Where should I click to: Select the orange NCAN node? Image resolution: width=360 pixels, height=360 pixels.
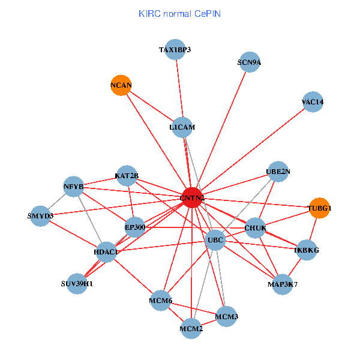121,86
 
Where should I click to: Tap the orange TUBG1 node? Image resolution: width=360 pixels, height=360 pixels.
319,208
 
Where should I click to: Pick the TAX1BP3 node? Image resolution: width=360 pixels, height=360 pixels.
175,50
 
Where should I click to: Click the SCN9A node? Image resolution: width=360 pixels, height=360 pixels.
249,62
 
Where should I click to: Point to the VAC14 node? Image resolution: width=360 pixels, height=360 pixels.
313,102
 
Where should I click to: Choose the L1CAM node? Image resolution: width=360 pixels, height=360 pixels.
182,127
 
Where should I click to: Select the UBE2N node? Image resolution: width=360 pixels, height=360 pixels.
278,172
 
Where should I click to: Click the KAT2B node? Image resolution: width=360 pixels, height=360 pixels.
127,176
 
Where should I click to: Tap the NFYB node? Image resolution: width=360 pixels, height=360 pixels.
73,187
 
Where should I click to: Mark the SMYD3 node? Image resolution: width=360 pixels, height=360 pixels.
40,215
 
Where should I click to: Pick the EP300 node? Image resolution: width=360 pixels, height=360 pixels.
135,227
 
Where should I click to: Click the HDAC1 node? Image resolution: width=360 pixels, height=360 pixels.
106,253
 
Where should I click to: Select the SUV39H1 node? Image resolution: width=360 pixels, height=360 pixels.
77,283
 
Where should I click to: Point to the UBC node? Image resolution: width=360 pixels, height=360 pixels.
215,241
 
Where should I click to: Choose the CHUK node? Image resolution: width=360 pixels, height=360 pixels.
255,227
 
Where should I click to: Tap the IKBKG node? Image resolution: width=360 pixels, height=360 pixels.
307,250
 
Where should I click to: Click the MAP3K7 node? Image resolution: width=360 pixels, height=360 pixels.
282,284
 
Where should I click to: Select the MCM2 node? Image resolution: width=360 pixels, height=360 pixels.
191,328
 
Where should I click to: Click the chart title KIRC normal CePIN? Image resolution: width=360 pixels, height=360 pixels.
179,13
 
